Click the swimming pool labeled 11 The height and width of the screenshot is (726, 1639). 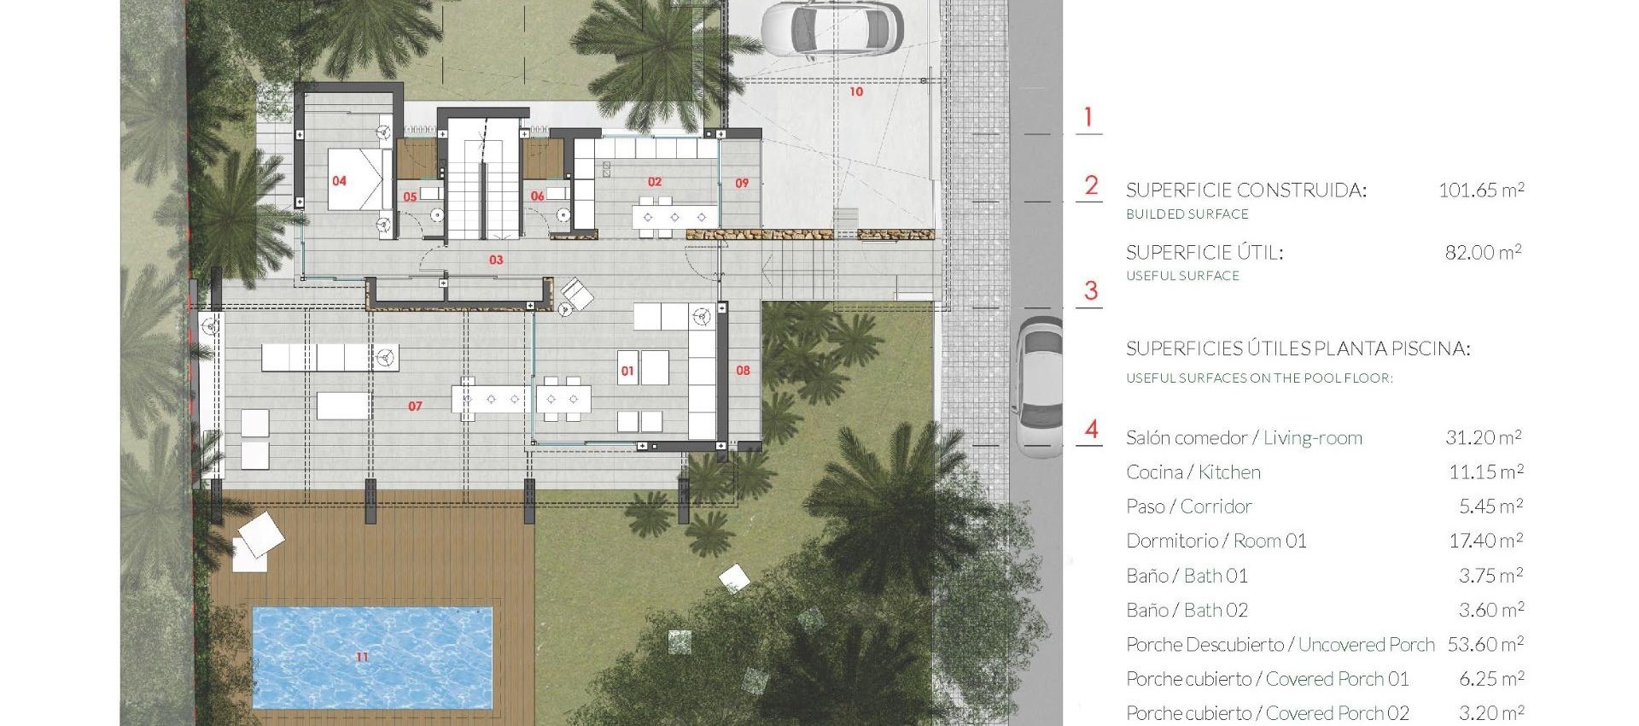372,656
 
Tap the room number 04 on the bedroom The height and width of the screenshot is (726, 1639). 339,181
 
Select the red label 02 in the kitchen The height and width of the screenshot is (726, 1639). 655,182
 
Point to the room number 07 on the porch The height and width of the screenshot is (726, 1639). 415,407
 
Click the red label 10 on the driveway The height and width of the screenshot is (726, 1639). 856,91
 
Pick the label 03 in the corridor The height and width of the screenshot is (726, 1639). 496,260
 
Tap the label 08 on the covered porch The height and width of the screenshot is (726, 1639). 743,371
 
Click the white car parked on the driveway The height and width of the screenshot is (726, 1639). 831,29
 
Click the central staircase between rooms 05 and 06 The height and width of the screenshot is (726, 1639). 483,179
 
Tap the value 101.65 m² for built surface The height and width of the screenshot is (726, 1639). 1481,190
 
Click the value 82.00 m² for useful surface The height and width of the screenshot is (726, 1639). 1483,252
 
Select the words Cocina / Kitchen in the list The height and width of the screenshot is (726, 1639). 1193,472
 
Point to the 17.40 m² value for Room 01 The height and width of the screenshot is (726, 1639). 1485,541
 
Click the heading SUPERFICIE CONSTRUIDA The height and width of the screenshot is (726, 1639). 1245,190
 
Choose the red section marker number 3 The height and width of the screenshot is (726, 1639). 1090,291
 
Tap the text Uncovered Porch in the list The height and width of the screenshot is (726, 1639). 1366,645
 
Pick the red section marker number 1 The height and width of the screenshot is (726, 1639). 1088,117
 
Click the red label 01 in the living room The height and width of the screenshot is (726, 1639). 627,371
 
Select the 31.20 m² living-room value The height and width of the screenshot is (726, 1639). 1483,437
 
